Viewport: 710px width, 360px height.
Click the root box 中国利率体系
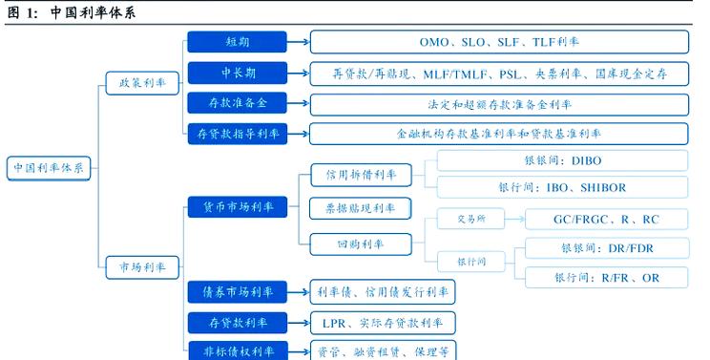pos(48,168)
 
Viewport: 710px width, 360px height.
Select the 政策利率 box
pos(141,84)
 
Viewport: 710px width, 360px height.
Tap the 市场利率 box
pos(141,266)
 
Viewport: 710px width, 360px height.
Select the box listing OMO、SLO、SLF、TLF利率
pos(499,42)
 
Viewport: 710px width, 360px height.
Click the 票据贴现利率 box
pos(361,207)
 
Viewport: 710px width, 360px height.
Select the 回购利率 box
pos(361,244)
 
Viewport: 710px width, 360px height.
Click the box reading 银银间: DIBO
pos(562,160)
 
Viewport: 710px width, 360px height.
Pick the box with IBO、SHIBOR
pos(562,188)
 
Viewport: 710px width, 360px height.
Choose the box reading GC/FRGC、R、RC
pos(606,220)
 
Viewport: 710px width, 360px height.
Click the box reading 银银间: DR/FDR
pos(606,248)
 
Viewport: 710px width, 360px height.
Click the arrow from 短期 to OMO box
pos(297,42)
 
